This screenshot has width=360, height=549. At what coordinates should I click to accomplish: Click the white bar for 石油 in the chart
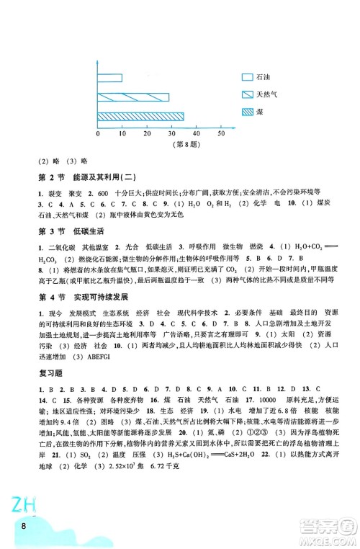(x=109, y=78)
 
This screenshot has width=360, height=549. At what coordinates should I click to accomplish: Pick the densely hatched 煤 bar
(x=140, y=115)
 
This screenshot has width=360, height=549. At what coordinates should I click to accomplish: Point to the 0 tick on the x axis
(x=98, y=134)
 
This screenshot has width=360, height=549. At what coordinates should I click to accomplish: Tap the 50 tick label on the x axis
(x=220, y=134)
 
